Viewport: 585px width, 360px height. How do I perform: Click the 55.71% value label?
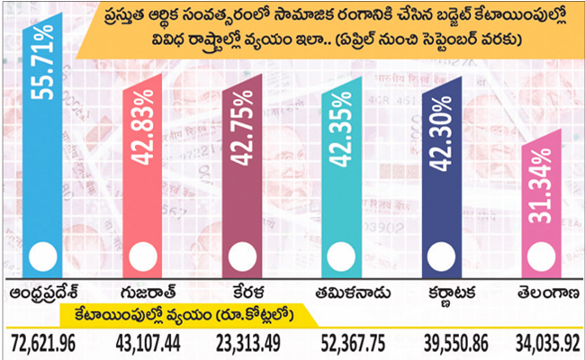tap(42, 62)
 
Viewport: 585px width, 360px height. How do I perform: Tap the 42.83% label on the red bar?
tap(143, 127)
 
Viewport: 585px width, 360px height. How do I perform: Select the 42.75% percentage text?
tap(242, 128)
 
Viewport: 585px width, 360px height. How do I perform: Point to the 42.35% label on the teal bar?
tap(341, 129)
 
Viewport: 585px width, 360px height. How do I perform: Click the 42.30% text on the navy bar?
tap(441, 134)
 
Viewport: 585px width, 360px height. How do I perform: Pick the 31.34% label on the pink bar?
tap(541, 186)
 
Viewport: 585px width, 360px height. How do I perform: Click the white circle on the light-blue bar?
tap(43, 256)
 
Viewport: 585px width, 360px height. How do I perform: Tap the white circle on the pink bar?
tap(541, 256)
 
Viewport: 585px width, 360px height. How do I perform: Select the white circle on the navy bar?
tap(441, 256)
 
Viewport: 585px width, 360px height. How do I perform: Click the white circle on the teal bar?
tap(341, 256)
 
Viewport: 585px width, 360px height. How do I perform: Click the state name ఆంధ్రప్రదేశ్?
tap(44, 293)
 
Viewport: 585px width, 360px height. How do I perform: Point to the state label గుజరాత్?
tap(148, 292)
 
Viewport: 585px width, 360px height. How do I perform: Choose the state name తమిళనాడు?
tap(353, 292)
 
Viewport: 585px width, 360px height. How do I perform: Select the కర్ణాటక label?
tap(452, 293)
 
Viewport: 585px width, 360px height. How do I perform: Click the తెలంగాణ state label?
tap(548, 292)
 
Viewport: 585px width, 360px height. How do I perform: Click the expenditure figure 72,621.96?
tap(43, 344)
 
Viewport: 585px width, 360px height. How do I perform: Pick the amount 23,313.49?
tap(248, 344)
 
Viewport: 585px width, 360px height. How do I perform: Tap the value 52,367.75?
tap(353, 344)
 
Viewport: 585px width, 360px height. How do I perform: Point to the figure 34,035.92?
tap(548, 344)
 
